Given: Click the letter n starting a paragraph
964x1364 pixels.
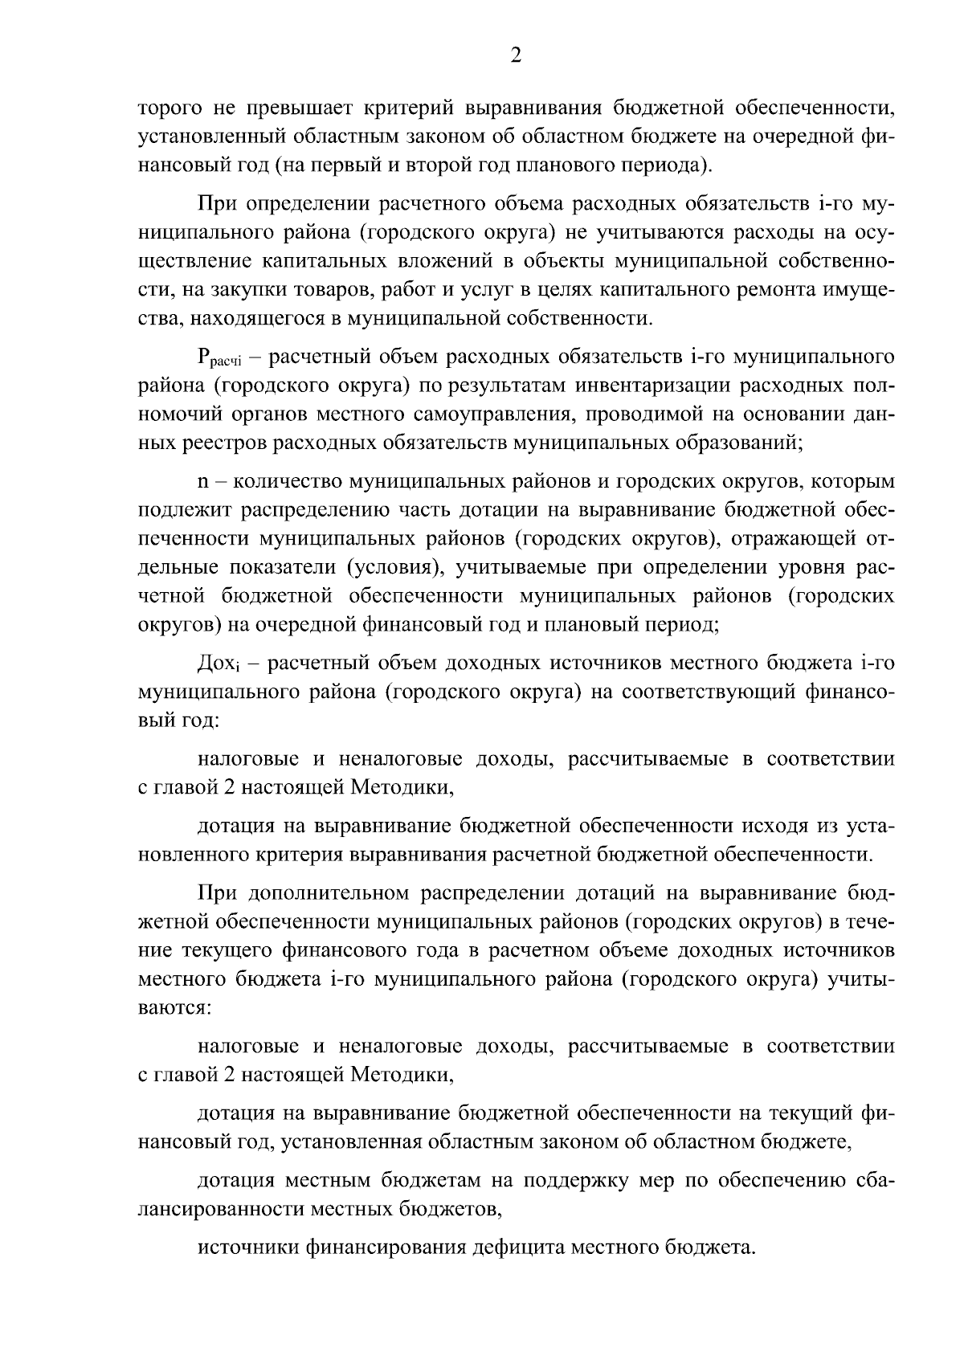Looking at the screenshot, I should coord(203,482).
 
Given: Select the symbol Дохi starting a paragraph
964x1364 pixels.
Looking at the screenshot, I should coord(220,664).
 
